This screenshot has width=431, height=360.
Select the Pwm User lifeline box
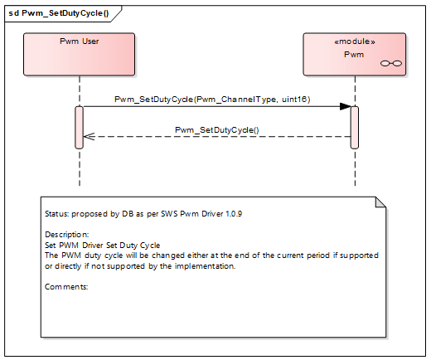[x=79, y=55]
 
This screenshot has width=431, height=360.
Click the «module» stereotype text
[x=354, y=41]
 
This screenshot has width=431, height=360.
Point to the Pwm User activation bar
[x=80, y=127]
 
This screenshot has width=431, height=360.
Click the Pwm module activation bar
[x=354, y=127]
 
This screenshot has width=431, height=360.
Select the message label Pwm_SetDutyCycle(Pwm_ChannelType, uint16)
[x=211, y=100]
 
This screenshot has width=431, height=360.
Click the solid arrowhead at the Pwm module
[x=344, y=106]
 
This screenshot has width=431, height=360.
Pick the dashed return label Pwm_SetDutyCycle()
[x=217, y=130]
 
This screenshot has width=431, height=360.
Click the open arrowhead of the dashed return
[x=89, y=137]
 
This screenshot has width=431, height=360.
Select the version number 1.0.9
[x=230, y=214]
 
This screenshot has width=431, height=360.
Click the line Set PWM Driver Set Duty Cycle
[x=102, y=246]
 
